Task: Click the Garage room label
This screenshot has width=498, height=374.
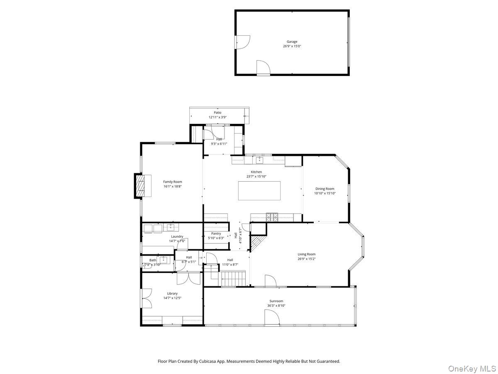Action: pos(292,42)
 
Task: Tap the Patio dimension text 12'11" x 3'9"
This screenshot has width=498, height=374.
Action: pos(217,117)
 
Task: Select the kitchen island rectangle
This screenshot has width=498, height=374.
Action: pos(259,191)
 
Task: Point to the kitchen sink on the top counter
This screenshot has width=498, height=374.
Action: pos(259,160)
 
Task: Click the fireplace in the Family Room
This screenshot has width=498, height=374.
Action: pos(139,185)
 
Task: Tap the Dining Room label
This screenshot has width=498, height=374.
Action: pos(325,189)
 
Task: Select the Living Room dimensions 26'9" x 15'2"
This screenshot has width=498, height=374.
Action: pos(306,259)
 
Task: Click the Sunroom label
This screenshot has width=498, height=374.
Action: pos(276,301)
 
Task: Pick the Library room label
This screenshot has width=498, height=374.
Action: pos(172,293)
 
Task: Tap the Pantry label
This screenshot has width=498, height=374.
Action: pos(216,234)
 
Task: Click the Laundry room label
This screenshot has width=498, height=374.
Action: pos(177,236)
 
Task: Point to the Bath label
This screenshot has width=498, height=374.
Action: pos(153,260)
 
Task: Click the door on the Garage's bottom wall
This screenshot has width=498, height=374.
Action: pos(263,68)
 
